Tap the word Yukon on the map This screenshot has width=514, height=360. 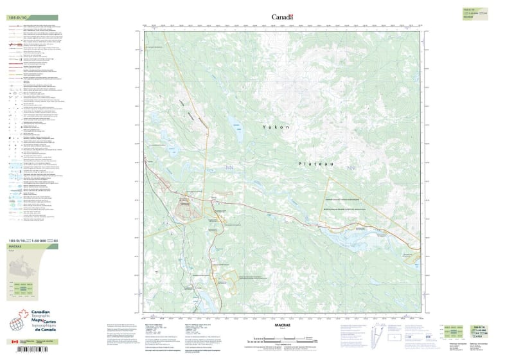click(277, 127)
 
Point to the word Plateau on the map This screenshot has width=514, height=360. click(315, 165)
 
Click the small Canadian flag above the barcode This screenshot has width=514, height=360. click(15, 342)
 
